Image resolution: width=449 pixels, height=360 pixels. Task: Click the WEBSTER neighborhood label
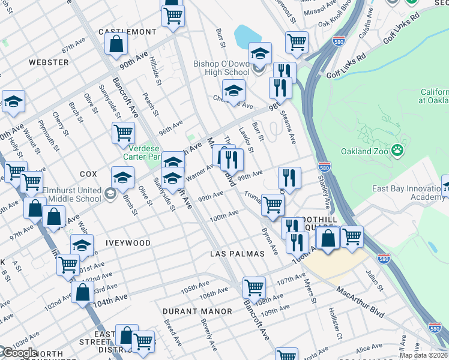49,62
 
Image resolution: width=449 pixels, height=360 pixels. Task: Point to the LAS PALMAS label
237,254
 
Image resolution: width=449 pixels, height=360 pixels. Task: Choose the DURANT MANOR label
197,311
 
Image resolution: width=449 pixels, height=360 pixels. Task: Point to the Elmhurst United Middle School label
72,194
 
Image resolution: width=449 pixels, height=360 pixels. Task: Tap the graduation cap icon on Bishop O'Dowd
260,53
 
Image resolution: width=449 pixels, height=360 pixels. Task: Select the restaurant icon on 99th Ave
289,177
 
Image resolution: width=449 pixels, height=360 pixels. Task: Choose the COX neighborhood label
88,174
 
